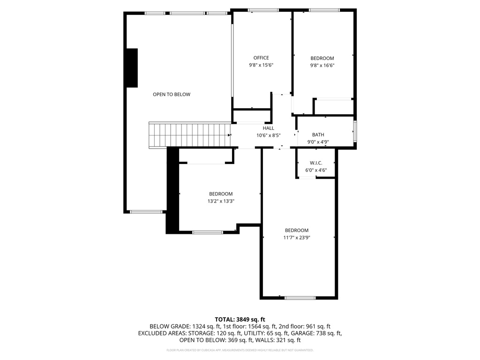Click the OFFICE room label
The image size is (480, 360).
261,58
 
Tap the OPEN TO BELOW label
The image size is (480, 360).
172,95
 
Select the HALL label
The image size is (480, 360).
268,128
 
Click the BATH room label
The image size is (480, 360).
318,135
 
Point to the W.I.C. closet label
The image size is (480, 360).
316,163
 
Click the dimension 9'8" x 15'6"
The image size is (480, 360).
261,66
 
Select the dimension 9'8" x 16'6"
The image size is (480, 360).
322,66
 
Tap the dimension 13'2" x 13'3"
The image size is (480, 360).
221,201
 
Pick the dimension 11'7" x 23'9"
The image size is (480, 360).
297,238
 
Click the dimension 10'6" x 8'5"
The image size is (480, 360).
268,135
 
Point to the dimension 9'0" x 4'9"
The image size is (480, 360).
318,142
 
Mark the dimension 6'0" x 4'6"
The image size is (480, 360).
316,170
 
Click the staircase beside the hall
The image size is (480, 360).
190,135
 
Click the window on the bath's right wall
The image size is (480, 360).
355,132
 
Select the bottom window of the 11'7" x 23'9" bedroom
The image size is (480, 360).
300,298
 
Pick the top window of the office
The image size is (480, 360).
263,10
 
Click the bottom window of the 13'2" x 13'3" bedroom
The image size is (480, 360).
208,232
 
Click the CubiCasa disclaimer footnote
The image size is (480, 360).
240,350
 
